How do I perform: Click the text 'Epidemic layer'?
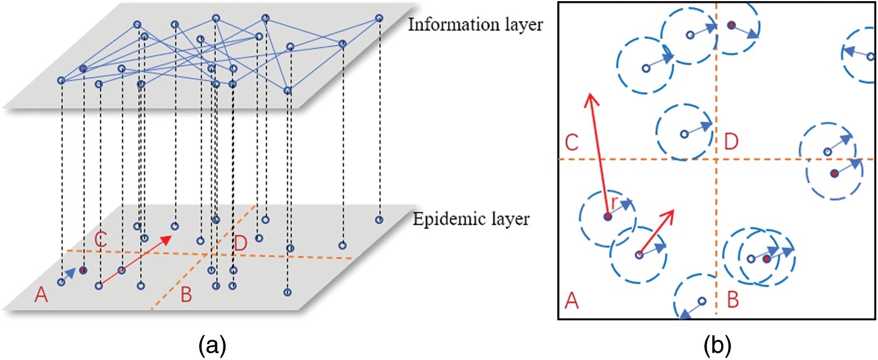pos(471,219)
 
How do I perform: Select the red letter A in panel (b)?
pos(572,302)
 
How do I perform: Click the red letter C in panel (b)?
pos(572,142)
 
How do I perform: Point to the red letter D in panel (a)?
pos(240,243)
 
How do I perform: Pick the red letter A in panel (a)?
pos(40,296)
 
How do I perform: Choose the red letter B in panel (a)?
pos(186,296)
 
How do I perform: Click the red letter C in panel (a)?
pos(100,240)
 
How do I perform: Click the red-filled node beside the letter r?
pos(607,217)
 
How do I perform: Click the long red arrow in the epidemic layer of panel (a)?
pos(135,261)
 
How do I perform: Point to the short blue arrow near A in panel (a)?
pos(69,275)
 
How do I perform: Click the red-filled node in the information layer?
pos(83,68)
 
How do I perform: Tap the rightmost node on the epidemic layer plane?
pos(379,220)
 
